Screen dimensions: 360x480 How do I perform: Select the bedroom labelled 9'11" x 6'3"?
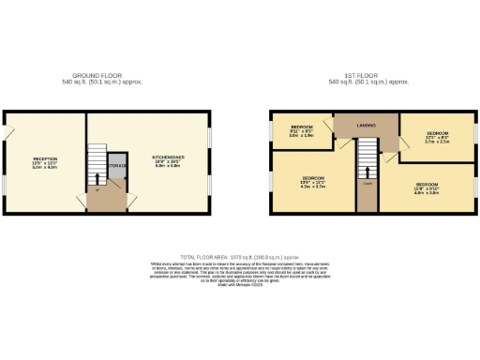(301, 127)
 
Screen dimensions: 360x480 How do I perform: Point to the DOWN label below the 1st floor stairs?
(367, 184)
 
